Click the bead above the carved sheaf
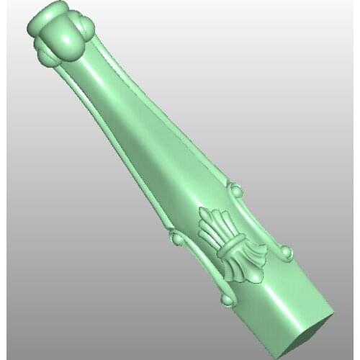click(235, 191)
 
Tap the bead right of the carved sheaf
click(286, 251)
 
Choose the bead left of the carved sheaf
click(173, 238)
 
